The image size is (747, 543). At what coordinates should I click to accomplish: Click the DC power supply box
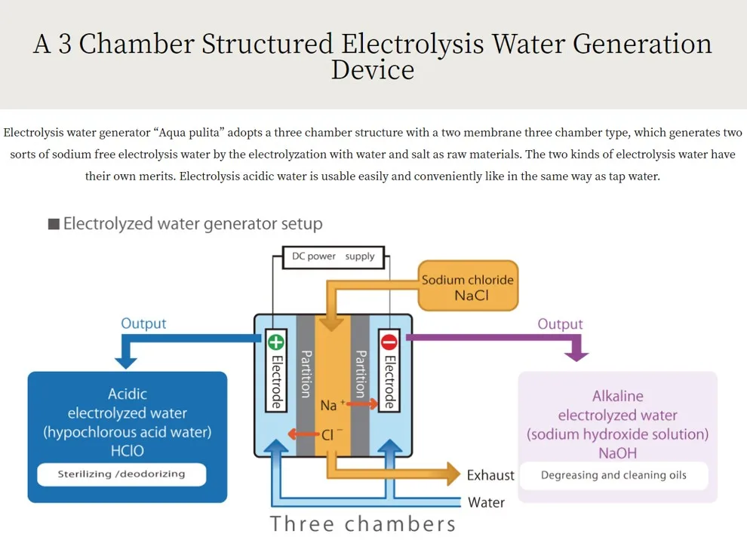pos(333,256)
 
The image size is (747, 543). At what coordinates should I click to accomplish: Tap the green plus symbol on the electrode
pos(276,342)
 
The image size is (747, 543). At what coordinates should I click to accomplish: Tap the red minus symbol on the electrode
pos(389,342)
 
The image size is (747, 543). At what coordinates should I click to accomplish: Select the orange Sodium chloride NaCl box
pos(468,287)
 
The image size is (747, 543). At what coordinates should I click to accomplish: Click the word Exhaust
pos(490,475)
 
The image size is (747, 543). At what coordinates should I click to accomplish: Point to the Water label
pos(487,502)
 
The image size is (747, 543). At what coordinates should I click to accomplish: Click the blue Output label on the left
pos(143,324)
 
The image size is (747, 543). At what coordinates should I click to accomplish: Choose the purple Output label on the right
pos(560,324)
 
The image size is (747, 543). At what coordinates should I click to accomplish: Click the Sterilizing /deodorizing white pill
pos(121,474)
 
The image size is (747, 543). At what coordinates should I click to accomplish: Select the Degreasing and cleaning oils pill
pos(613,475)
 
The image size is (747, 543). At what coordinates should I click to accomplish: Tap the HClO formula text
pos(127,451)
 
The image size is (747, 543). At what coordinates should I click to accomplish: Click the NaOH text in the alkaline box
pos(617,453)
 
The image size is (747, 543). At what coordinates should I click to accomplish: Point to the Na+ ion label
pos(331,405)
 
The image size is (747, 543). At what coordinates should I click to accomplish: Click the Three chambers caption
pos(363,523)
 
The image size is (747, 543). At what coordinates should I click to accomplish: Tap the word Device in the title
pos(373,70)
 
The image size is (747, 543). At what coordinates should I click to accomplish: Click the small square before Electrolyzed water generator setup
pos(54,225)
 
